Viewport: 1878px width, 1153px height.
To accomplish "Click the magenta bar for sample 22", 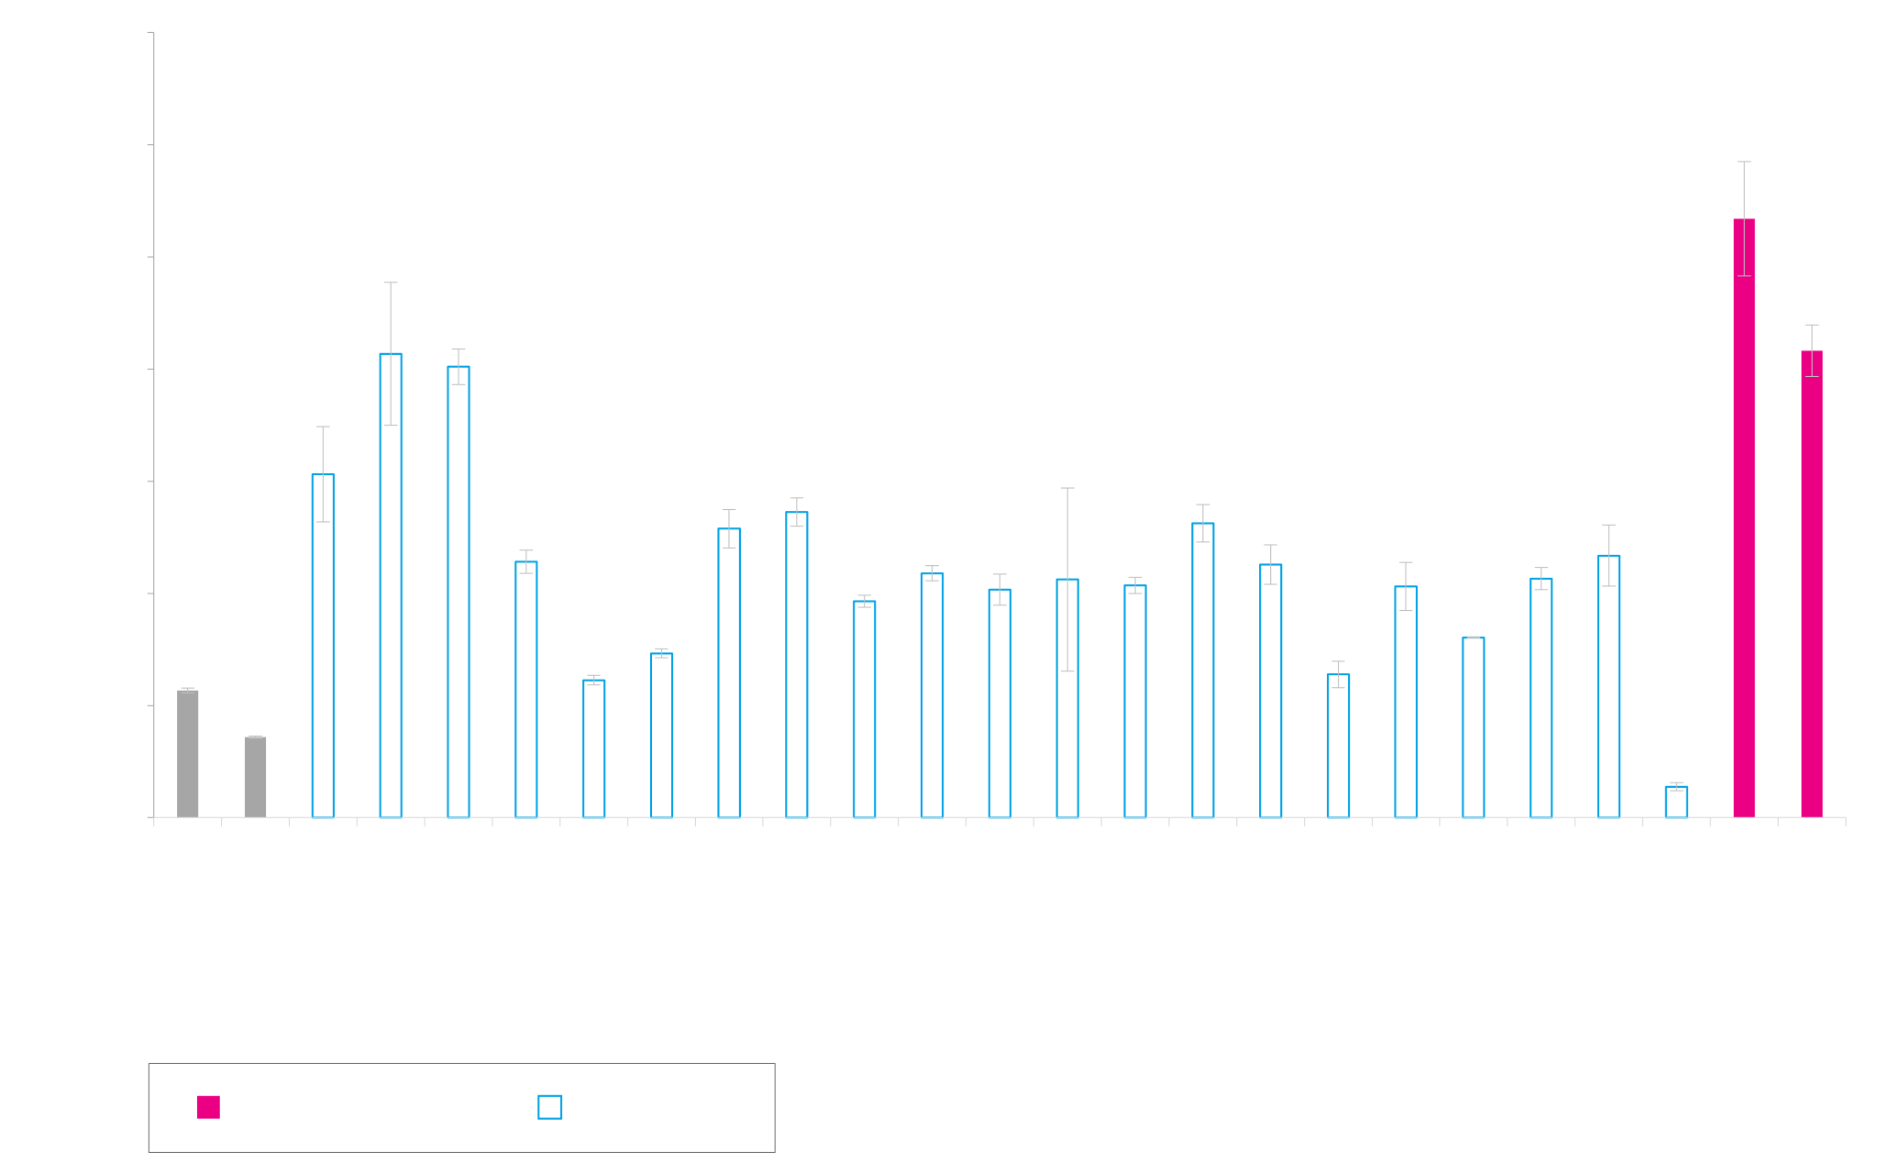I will (x=1743, y=518).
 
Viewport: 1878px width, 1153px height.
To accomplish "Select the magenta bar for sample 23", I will (x=1811, y=584).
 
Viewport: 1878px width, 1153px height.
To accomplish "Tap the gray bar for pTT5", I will (x=188, y=754).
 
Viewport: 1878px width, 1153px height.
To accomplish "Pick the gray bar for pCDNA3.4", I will (x=255, y=777).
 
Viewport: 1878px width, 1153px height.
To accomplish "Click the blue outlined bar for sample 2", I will (x=390, y=585).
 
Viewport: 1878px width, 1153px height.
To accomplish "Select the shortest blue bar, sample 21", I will (x=1675, y=802).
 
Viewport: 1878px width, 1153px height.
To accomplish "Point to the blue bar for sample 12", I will (x=1066, y=698).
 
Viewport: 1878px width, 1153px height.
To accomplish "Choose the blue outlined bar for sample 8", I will (x=796, y=665).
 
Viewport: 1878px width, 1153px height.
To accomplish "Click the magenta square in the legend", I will (x=208, y=1106).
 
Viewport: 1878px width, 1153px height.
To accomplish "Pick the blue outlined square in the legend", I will (x=550, y=1106).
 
